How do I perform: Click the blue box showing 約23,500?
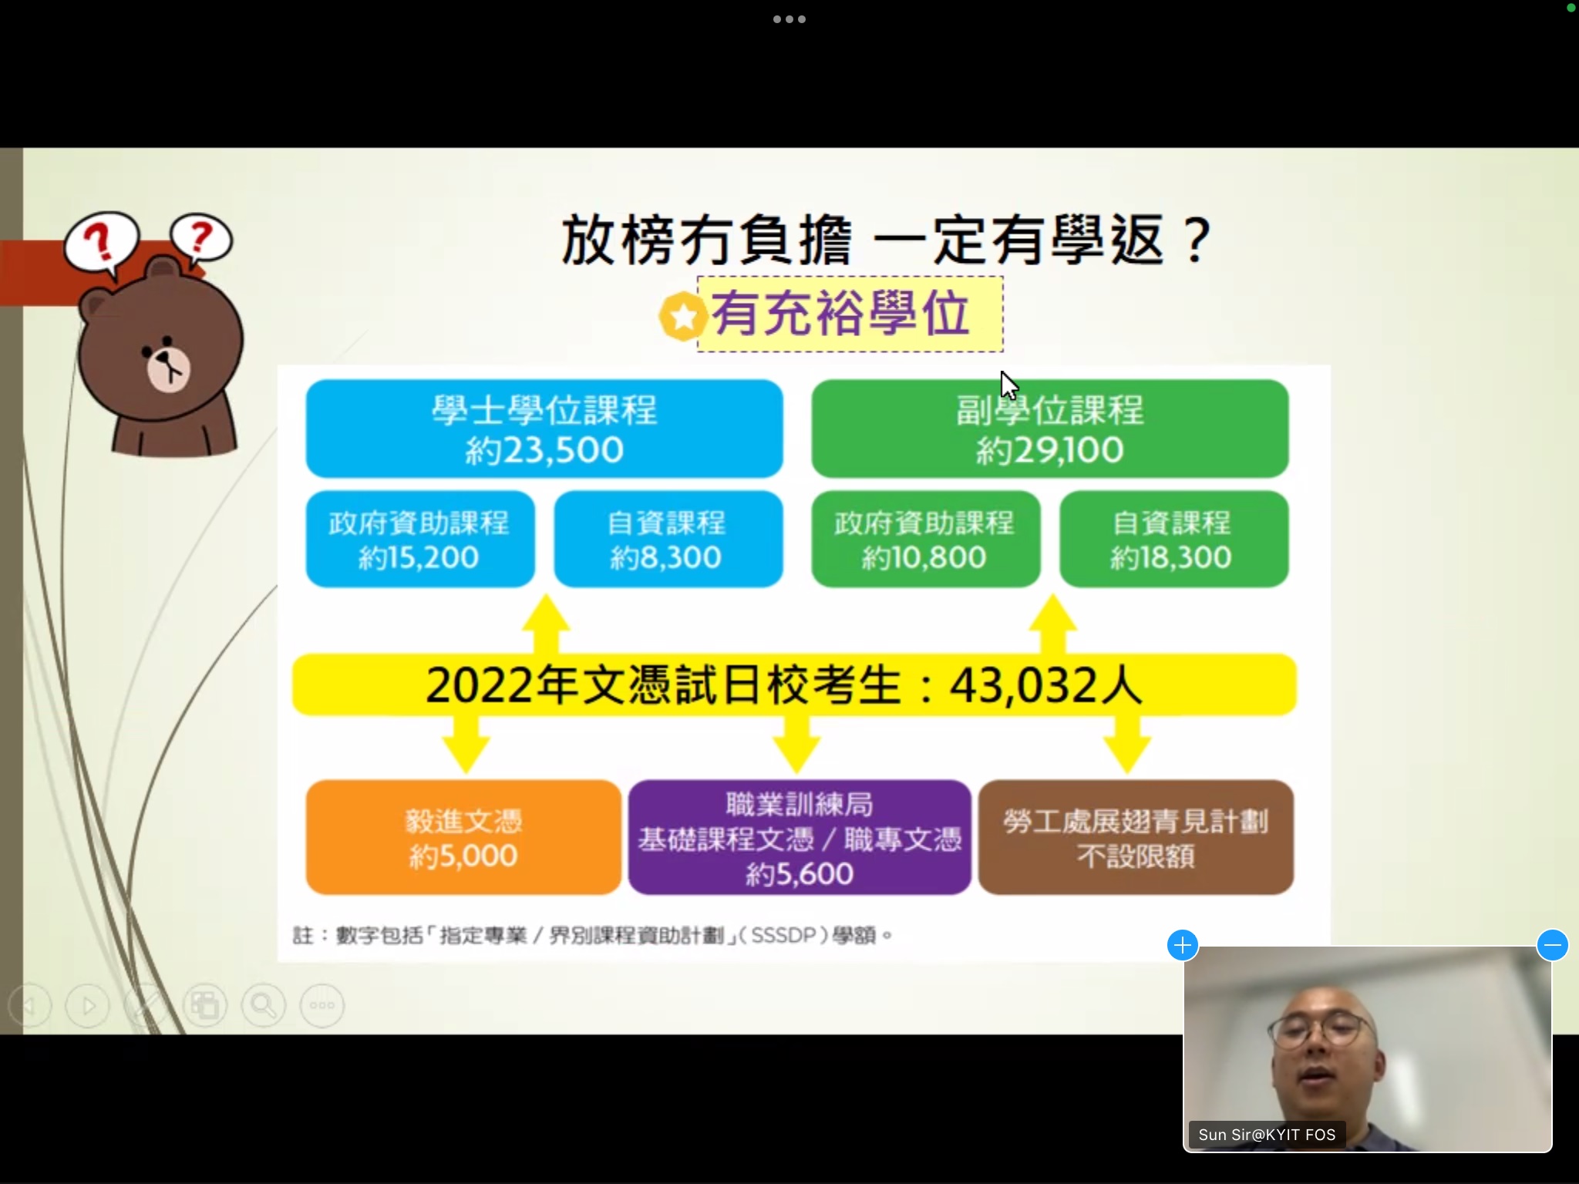click(x=544, y=429)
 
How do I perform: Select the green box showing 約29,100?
click(x=1049, y=429)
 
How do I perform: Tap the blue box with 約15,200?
click(x=420, y=539)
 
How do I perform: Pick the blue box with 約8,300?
click(x=668, y=539)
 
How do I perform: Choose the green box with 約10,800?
click(x=925, y=539)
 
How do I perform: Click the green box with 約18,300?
click(x=1173, y=539)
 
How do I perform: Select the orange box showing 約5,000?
click(x=463, y=837)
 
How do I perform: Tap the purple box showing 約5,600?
click(x=800, y=837)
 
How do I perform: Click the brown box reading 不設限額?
click(x=1136, y=837)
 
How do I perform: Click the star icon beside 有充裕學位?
click(x=682, y=317)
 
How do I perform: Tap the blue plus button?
click(x=1183, y=945)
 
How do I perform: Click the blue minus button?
click(x=1552, y=945)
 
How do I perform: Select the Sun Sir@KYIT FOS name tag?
click(x=1267, y=1135)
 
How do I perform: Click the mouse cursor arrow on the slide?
click(x=1008, y=385)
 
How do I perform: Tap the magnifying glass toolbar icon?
click(x=263, y=1005)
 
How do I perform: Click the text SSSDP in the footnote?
click(x=783, y=936)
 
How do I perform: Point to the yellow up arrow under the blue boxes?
click(x=546, y=624)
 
